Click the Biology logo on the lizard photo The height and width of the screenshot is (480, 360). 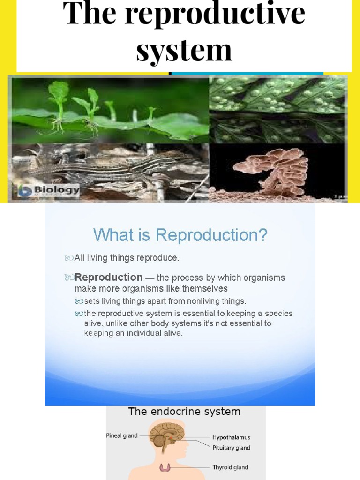[48, 191]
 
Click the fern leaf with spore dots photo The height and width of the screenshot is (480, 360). [278, 109]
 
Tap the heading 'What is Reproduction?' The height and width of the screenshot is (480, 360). [180, 235]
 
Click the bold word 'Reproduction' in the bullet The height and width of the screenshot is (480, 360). [109, 277]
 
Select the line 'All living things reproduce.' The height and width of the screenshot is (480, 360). [127, 258]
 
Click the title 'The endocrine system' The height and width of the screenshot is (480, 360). [184, 412]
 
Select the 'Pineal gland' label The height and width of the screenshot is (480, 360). [121, 435]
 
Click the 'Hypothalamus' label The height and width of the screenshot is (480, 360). [232, 437]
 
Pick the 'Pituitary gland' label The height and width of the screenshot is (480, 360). [232, 448]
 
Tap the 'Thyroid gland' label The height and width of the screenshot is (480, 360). [231, 467]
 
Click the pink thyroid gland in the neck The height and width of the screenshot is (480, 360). [165, 467]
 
